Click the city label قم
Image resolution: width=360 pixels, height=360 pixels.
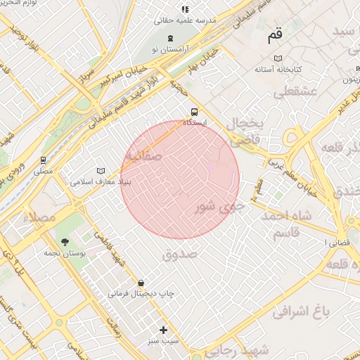[x=274, y=35]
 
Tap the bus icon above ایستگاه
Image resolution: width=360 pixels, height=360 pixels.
[x=195, y=111]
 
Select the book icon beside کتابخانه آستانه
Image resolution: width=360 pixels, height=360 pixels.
[x=278, y=58]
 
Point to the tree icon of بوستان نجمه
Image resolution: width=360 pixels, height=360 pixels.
[x=65, y=241]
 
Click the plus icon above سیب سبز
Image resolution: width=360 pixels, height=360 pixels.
[x=164, y=329]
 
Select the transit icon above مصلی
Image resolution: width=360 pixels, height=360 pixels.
[x=44, y=160]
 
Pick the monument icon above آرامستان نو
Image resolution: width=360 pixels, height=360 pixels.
[x=171, y=37]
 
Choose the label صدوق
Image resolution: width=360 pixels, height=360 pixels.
[x=181, y=253]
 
